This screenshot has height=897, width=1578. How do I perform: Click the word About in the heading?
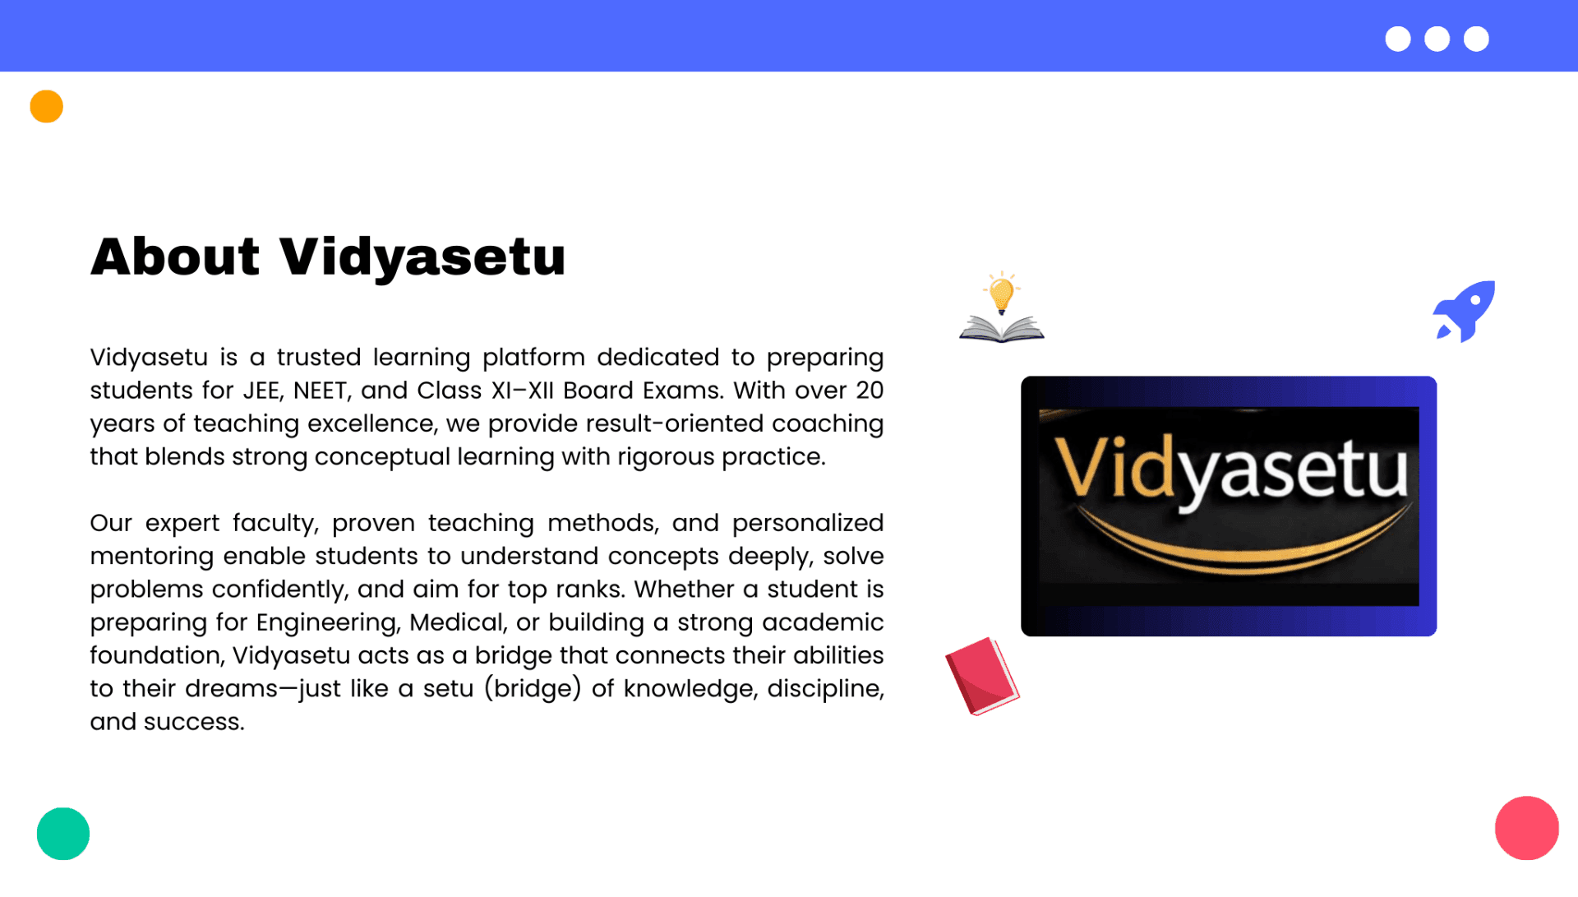(175, 257)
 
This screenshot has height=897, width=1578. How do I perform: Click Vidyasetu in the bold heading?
(422, 257)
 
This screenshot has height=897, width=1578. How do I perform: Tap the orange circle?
(47, 107)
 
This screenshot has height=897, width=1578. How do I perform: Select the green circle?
(63, 834)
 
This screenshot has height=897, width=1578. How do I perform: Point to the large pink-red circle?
(1526, 828)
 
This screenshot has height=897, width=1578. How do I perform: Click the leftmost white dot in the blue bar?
(1398, 39)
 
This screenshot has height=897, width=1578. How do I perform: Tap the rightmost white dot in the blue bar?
(1476, 39)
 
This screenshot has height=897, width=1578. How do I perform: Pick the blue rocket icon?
(1465, 311)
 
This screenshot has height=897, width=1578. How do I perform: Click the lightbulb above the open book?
(1001, 294)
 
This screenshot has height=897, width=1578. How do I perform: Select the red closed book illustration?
(982, 676)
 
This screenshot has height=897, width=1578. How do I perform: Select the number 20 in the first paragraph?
(870, 391)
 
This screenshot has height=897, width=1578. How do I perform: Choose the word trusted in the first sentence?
(319, 358)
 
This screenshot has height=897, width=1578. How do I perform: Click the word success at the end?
(194, 722)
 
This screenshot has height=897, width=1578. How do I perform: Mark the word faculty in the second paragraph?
(275, 524)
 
